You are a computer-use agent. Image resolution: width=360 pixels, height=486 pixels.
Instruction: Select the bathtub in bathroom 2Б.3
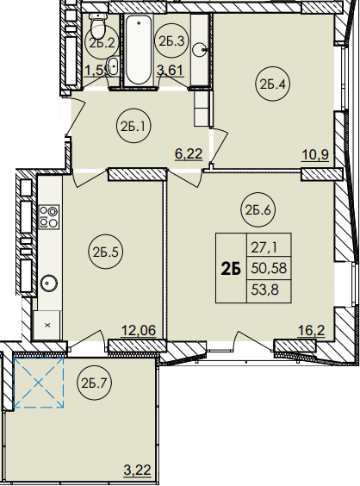(139, 50)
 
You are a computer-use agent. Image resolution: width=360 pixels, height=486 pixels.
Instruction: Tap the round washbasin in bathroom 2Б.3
(201, 49)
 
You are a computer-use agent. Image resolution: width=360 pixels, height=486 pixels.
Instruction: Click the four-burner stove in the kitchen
(49, 216)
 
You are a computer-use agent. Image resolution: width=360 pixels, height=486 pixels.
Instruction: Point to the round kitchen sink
(47, 283)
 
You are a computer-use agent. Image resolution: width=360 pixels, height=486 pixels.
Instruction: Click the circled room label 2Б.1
(133, 126)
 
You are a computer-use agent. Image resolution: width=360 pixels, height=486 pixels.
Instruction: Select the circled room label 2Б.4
(273, 84)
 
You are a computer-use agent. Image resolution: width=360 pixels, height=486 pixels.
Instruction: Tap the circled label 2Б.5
(105, 252)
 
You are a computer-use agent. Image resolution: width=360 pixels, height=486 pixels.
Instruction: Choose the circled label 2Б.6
(258, 210)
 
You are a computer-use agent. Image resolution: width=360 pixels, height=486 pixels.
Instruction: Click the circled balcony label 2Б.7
(94, 383)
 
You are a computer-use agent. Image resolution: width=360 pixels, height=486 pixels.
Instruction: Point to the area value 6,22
(189, 153)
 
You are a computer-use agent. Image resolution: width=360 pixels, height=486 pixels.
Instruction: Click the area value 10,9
(314, 154)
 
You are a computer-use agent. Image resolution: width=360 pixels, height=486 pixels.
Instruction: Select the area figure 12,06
(139, 330)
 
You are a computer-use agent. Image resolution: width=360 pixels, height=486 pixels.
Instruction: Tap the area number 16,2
(311, 331)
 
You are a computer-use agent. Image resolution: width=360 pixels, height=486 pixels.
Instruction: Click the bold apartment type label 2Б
(231, 269)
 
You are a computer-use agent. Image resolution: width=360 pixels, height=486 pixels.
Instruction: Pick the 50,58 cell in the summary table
(269, 268)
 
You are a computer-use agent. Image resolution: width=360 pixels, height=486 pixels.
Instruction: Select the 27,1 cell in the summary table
(269, 246)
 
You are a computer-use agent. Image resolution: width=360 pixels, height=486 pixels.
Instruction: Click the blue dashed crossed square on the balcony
(39, 383)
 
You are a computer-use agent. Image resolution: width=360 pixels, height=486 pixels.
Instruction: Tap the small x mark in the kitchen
(47, 325)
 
